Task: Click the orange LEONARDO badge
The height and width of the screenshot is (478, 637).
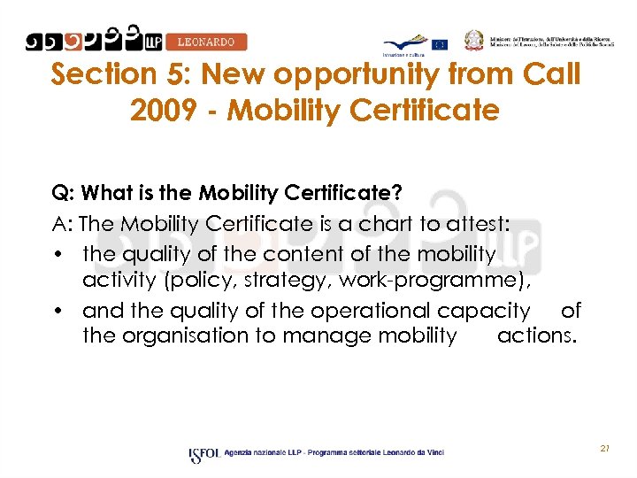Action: click(x=206, y=42)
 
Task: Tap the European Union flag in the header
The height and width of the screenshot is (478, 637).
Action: click(x=440, y=44)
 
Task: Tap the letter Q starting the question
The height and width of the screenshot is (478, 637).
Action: click(x=60, y=193)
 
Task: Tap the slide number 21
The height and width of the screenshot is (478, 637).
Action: click(x=605, y=449)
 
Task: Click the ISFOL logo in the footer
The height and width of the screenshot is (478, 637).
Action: click(x=203, y=454)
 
